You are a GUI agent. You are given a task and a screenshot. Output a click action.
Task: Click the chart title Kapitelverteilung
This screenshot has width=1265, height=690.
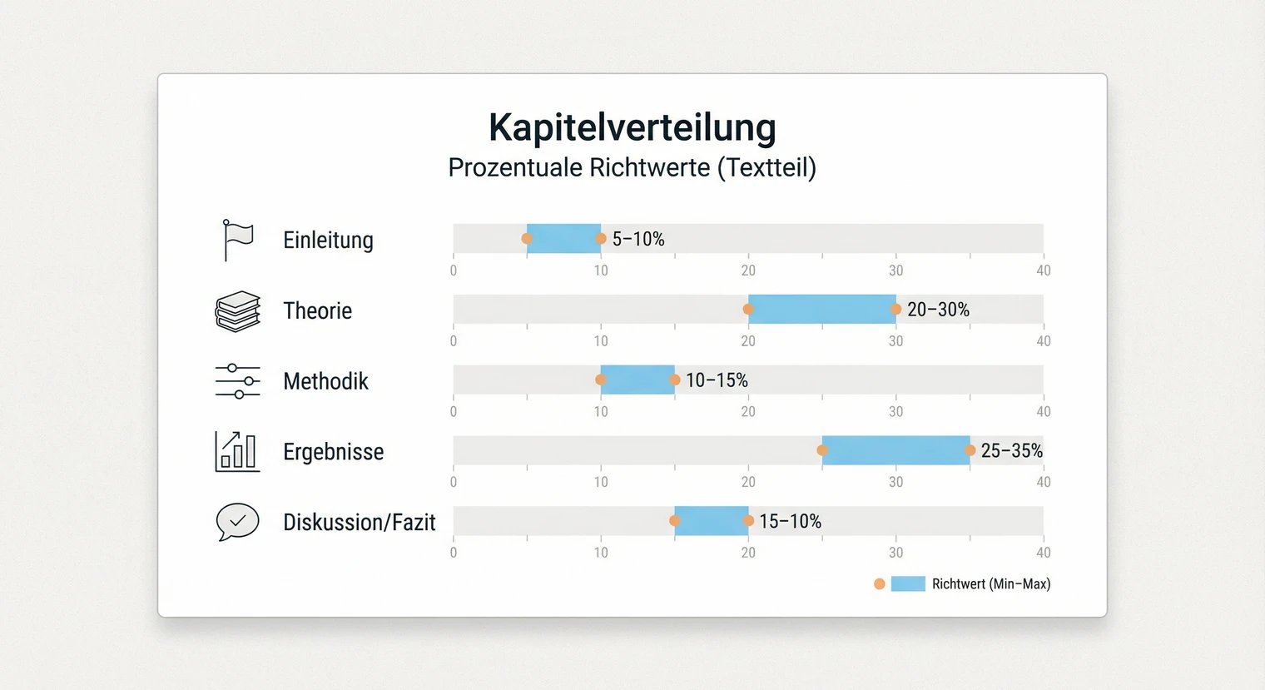[x=632, y=127]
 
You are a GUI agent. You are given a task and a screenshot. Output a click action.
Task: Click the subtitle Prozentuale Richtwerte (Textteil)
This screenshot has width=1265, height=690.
[x=632, y=167]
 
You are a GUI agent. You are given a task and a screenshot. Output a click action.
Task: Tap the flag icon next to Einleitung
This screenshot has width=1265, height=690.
[x=238, y=240]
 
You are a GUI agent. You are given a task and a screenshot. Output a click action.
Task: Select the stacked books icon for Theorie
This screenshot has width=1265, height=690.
[x=238, y=311]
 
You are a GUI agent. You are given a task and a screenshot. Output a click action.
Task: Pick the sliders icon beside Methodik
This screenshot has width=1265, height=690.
[x=238, y=381]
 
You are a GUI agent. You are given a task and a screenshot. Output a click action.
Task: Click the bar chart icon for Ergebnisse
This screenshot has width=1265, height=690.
[x=237, y=452]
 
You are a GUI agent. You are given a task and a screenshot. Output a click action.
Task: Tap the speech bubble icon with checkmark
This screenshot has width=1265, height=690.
[x=238, y=522]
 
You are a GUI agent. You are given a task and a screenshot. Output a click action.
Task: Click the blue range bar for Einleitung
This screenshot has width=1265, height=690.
[x=563, y=239]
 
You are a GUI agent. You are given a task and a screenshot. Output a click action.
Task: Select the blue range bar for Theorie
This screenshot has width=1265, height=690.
[x=821, y=309]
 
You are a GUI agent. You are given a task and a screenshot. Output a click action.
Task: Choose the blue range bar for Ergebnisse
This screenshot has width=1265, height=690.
[x=895, y=450]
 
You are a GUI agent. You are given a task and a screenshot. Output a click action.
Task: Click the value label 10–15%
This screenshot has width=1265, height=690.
[x=717, y=380]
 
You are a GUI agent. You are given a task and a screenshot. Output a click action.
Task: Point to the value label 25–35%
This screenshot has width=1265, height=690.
[x=1011, y=451]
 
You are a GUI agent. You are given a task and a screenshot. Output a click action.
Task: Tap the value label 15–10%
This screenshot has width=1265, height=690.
[x=790, y=522]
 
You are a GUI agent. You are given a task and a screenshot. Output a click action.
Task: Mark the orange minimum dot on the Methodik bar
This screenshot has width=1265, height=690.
[x=601, y=380]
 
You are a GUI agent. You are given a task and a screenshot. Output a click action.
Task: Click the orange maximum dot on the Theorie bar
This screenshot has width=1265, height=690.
[x=896, y=309]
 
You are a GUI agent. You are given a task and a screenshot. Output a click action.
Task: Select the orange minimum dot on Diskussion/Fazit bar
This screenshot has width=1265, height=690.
[x=675, y=521]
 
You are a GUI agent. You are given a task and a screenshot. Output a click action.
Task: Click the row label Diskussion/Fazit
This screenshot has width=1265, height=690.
[x=359, y=523]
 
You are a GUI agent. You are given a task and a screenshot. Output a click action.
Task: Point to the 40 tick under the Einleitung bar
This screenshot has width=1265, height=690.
[x=1043, y=271]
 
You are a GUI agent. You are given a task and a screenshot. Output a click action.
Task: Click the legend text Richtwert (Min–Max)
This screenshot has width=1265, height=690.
[x=990, y=584]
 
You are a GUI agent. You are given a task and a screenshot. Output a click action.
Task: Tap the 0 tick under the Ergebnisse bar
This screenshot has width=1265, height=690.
[x=454, y=482]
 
